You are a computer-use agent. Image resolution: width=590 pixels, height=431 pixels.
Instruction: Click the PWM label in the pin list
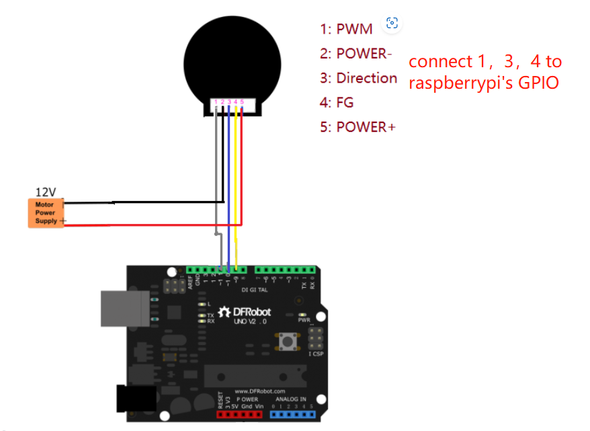pyautogui.click(x=354, y=29)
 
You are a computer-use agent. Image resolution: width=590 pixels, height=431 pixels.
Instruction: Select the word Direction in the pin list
pyautogui.click(x=367, y=78)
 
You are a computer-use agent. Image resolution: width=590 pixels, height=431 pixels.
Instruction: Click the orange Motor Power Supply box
pyautogui.click(x=46, y=213)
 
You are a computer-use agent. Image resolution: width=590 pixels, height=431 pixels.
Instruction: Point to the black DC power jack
pyautogui.click(x=134, y=399)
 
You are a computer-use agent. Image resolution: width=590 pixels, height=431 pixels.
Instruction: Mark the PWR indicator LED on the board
pyautogui.click(x=304, y=314)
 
